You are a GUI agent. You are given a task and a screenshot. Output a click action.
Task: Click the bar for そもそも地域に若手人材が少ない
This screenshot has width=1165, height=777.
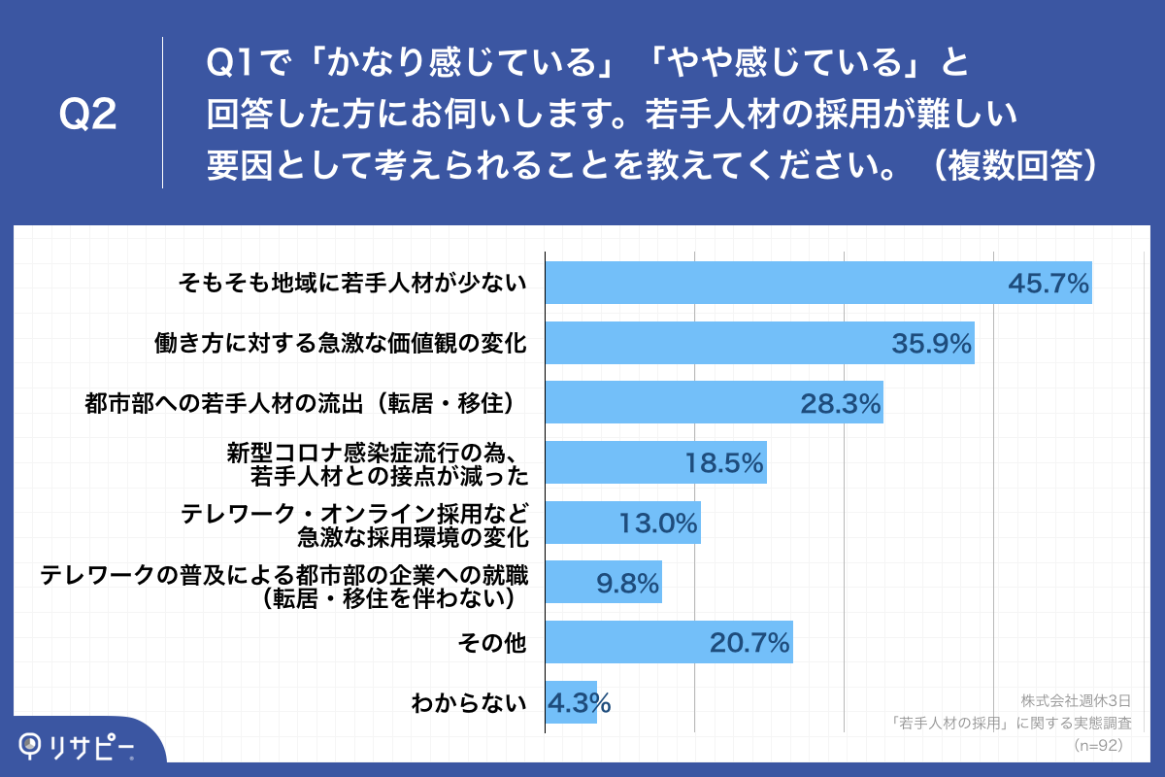(817, 283)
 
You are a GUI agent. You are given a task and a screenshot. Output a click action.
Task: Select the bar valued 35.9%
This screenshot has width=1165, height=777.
(759, 343)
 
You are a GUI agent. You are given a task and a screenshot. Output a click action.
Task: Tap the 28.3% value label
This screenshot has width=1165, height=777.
(840, 404)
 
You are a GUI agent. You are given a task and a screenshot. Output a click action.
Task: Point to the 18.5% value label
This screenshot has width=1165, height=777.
(724, 464)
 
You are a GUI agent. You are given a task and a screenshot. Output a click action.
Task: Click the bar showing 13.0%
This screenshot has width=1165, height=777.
(622, 524)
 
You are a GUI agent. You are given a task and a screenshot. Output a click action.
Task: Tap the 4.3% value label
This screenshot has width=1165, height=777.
(579, 701)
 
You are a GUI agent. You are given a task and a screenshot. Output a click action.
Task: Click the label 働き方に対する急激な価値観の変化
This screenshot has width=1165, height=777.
(340, 343)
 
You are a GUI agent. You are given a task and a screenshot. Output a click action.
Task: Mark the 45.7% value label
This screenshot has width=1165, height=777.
(1048, 284)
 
